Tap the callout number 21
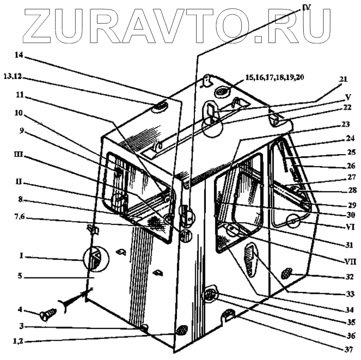click(343, 79)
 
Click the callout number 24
click(351, 139)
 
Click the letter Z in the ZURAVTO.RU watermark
click(46, 24)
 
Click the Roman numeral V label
click(347, 97)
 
